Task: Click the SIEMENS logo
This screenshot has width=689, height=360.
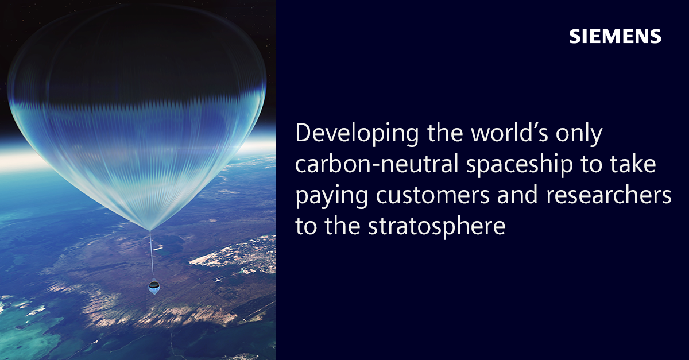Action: coord(615,36)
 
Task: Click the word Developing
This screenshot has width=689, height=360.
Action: coord(357,133)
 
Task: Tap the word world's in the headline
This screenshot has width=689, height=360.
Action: coord(509,133)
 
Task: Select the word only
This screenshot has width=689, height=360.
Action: coord(579,134)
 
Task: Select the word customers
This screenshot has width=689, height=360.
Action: coord(432,196)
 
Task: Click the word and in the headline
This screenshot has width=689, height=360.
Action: coord(517,195)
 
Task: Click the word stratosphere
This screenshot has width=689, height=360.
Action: coord(436,227)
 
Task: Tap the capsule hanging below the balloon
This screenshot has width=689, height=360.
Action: coord(154,287)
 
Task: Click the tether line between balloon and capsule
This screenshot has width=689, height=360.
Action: coord(152,254)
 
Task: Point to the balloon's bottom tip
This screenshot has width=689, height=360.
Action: coord(150,230)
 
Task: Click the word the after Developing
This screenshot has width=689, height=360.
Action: coord(445,133)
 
